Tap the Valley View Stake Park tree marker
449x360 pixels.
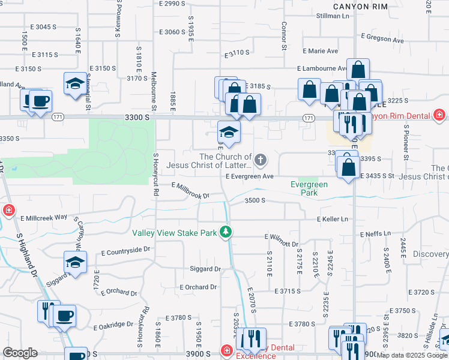pos(226,232)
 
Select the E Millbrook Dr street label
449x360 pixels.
pos(191,191)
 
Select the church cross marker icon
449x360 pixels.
pos(260,160)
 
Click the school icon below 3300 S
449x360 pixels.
pos(229,131)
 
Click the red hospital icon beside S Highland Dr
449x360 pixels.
pos(9,210)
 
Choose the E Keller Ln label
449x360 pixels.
pos(333,220)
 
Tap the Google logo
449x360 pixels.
pos(20,353)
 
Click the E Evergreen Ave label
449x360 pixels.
pos(250,176)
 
